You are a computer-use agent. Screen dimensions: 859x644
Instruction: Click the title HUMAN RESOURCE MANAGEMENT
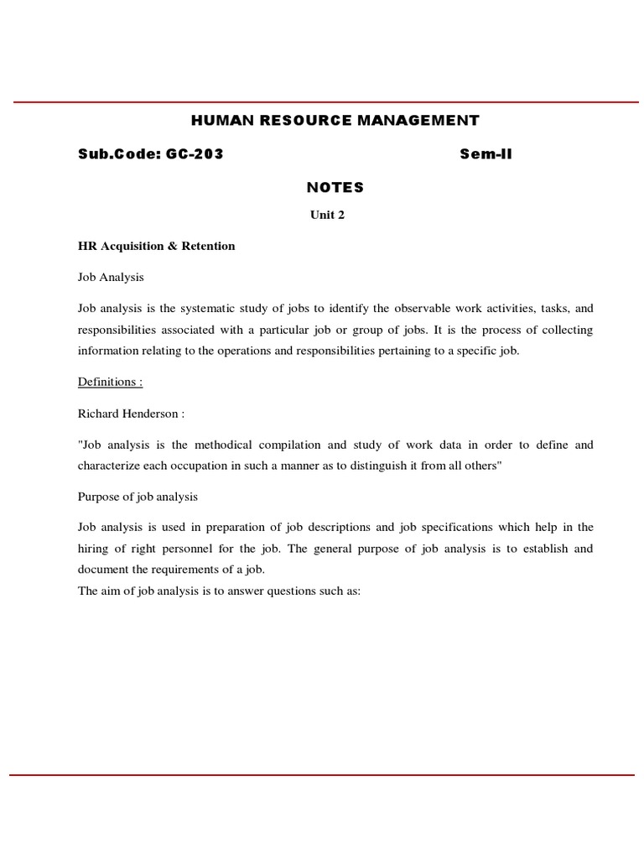click(335, 121)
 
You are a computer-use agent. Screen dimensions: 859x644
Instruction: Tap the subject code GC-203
click(193, 154)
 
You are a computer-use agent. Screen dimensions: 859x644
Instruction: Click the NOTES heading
click(335, 187)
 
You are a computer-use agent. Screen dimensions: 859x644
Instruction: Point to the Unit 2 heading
click(328, 215)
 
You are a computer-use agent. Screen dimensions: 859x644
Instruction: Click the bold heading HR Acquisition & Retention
click(157, 246)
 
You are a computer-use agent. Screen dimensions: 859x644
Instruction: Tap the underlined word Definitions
click(110, 382)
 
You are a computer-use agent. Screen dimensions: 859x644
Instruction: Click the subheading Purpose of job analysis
click(138, 496)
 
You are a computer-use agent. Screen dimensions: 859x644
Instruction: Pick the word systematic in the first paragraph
click(206, 309)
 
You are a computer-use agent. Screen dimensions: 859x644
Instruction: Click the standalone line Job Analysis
click(112, 277)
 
